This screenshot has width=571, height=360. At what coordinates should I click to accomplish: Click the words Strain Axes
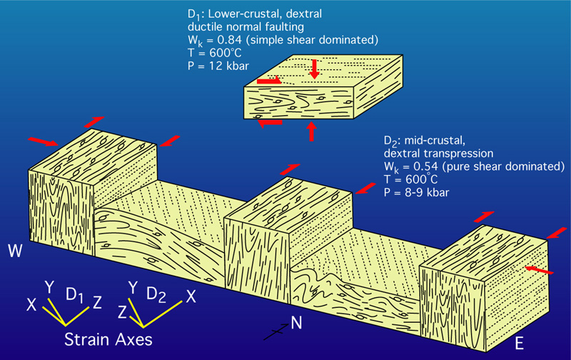(108, 339)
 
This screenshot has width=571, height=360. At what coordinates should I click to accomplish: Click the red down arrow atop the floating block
(314, 70)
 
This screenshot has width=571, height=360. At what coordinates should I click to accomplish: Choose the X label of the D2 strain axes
(189, 295)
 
